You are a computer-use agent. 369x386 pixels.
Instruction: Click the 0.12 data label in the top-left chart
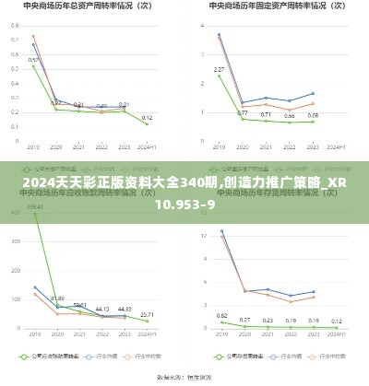tap(147, 118)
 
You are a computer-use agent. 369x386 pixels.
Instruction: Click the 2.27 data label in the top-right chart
tap(219, 69)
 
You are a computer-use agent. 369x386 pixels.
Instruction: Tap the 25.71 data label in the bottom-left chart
tap(147, 314)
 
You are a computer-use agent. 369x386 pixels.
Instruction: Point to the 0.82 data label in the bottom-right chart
tap(221, 315)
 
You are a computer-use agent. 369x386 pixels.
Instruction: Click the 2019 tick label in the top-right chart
tap(219, 146)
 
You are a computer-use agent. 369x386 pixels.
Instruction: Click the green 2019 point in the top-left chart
tap(34, 66)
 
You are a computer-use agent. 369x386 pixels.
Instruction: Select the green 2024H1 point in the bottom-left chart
tap(147, 321)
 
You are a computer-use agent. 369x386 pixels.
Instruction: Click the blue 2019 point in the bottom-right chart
tap(221, 231)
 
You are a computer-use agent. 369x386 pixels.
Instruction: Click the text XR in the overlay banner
tap(340, 184)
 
